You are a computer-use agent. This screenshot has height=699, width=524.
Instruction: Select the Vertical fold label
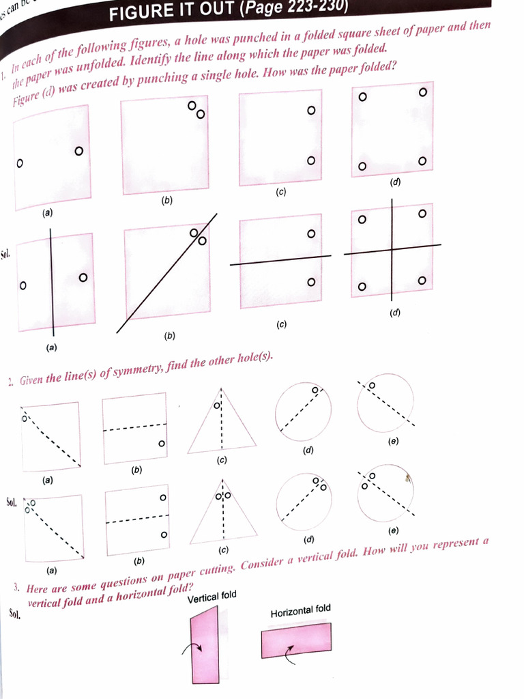pos(212,597)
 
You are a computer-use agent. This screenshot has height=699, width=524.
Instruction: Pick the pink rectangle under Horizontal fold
pos(296,640)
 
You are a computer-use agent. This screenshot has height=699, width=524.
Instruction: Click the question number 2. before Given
pos(11,382)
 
